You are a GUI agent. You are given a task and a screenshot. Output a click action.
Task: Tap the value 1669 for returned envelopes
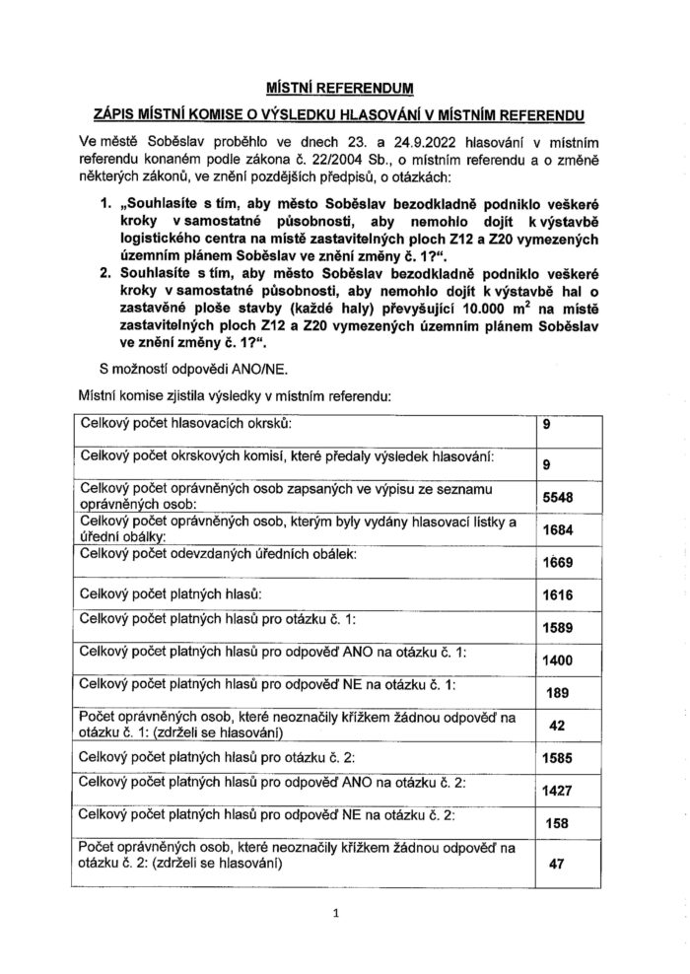pos(558,564)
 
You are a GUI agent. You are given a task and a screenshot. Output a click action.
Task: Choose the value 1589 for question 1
pos(558,628)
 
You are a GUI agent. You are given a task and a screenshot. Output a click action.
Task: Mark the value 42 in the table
pos(558,725)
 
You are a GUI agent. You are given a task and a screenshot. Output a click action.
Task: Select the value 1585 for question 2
pos(558,758)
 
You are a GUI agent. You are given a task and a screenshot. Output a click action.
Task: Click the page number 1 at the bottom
pos(335,914)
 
